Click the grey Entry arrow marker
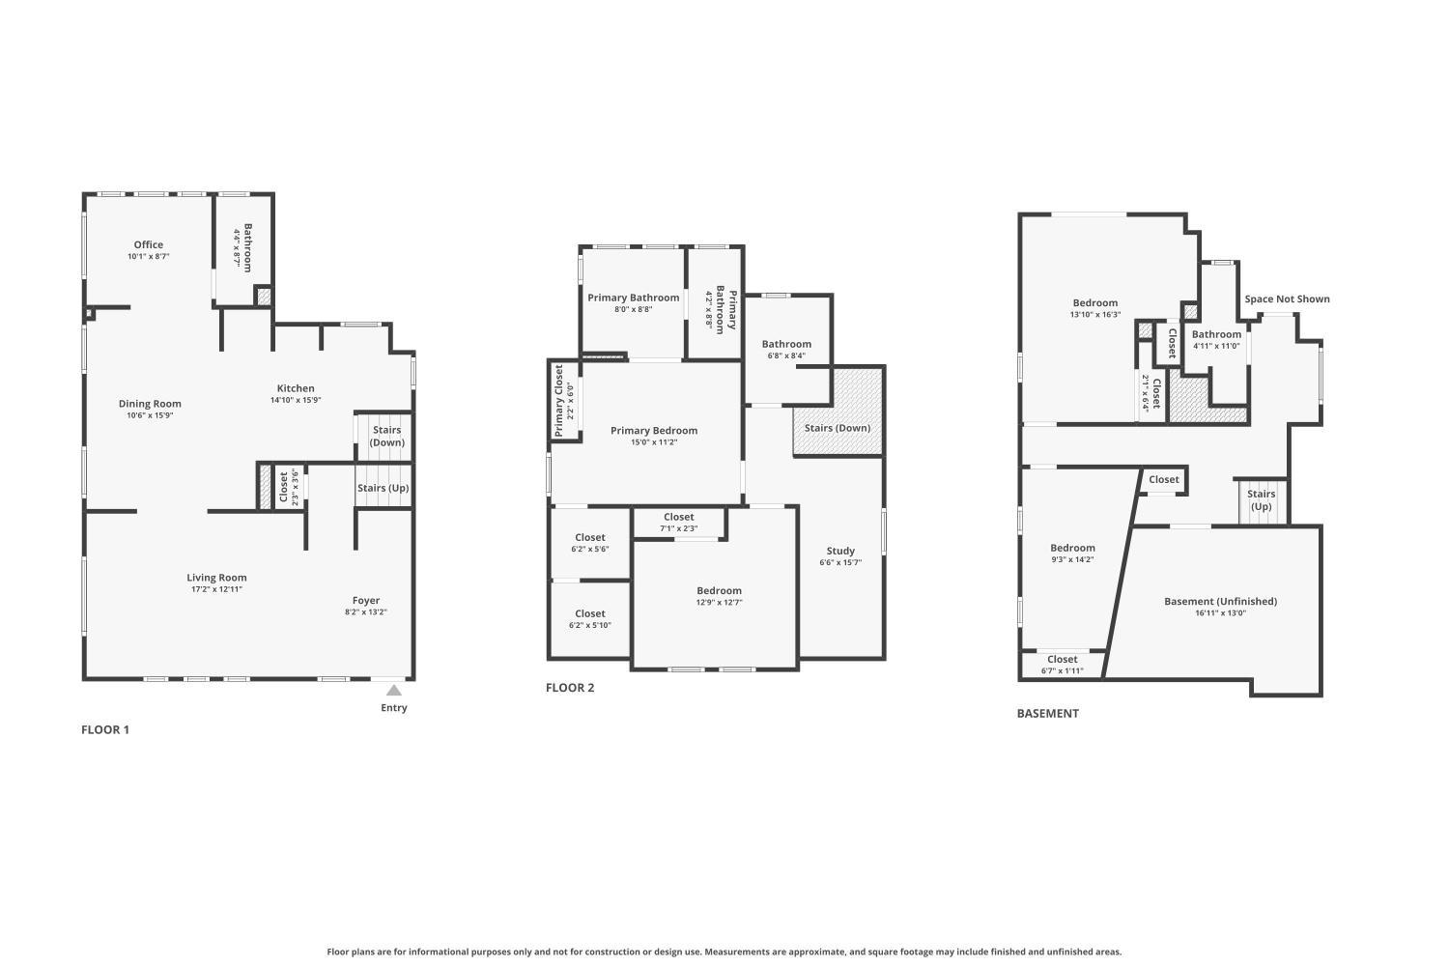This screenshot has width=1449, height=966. coord(394,691)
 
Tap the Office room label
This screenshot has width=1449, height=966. coord(148,244)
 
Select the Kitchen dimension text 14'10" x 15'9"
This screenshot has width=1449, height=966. coord(296,400)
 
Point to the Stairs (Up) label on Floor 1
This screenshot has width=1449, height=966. coord(383,488)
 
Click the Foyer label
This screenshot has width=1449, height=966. coord(366,601)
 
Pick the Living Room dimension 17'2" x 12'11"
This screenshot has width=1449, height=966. coord(216,589)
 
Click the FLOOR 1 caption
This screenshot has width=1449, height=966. coord(105,730)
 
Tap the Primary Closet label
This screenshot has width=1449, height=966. coord(559,401)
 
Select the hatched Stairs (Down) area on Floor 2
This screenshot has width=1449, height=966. coord(838,412)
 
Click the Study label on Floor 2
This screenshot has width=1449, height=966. coord(840,551)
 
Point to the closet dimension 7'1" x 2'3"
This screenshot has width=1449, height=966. coord(678,528)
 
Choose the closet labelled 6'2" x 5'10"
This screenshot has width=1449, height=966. coord(590,619)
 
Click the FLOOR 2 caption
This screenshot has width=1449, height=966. coord(570,688)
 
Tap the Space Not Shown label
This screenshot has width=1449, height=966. coord(1288,298)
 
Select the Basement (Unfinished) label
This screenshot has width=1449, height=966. coord(1221,602)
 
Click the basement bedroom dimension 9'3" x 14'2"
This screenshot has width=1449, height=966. coord(1072,559)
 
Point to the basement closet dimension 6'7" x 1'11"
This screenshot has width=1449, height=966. coord(1063,671)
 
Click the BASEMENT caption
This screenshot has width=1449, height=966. coord(1048,714)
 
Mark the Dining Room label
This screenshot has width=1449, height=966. coord(150,404)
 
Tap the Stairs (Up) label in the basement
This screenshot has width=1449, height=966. coord(1262,500)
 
